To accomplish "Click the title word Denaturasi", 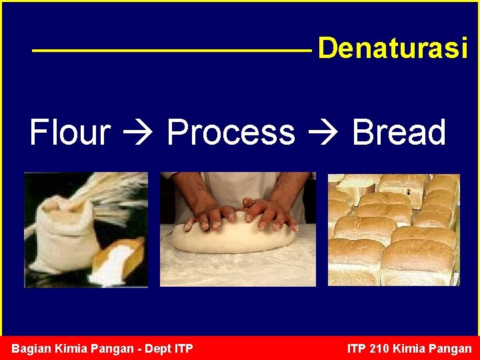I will pyautogui.click(x=393, y=49).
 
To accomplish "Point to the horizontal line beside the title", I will pyautogui.click(x=171, y=50).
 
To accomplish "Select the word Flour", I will pyautogui.click(x=70, y=132).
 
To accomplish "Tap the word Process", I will pyautogui.click(x=231, y=132).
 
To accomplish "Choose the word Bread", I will pyautogui.click(x=399, y=132).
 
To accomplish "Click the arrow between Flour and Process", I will pyautogui.click(x=138, y=133).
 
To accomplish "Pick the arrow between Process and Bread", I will pyautogui.click(x=323, y=133).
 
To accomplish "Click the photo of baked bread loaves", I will pyautogui.click(x=393, y=230).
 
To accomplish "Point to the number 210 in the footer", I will pyautogui.click(x=378, y=349).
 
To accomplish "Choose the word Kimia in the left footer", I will pyautogui.click(x=71, y=349).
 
